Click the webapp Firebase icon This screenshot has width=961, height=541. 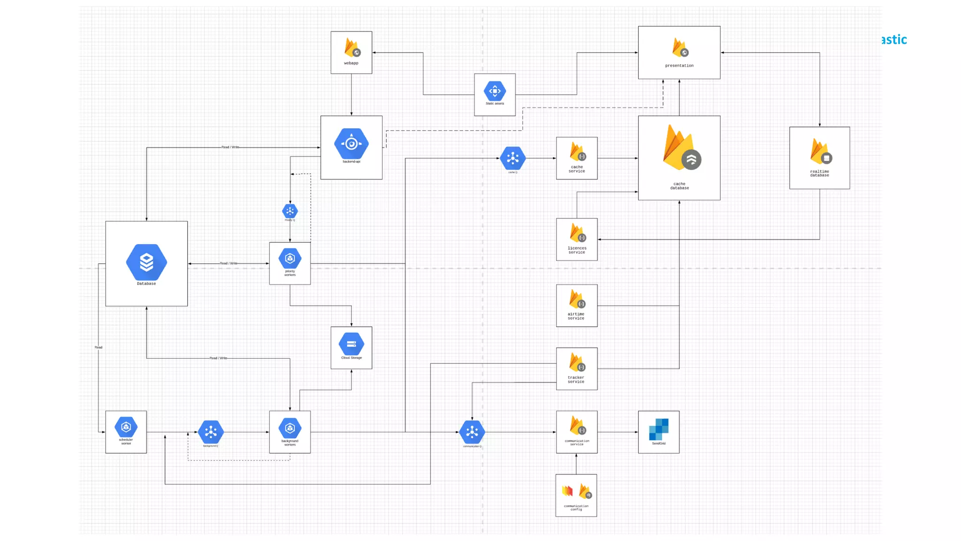coord(351,47)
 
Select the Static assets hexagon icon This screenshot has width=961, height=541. coord(495,91)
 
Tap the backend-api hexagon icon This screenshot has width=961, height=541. coord(351,144)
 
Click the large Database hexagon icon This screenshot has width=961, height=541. coord(146,262)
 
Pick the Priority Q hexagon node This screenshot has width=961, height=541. coord(290,211)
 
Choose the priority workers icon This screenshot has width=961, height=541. coord(290,258)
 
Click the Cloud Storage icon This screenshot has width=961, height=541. coord(351,344)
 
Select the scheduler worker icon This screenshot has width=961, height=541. coord(126,427)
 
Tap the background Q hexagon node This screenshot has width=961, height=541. coord(211,432)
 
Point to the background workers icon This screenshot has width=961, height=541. coord(290,428)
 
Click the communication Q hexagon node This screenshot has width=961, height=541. coord(472,432)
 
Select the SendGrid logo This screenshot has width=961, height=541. coord(659,429)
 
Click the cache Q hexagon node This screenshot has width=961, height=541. coord(513,158)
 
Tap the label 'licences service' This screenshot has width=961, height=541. coord(577,250)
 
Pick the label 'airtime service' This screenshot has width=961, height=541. coord(576,316)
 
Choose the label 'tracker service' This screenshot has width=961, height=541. coord(576,379)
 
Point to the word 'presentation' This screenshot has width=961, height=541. coord(679,66)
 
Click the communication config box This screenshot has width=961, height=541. coord(576,495)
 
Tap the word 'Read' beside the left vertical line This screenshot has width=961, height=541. coord(99,348)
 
